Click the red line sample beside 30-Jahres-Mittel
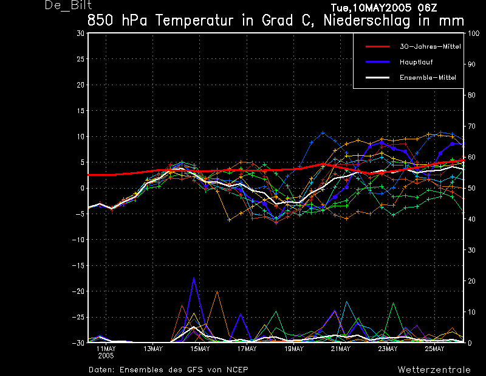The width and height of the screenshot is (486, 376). click(377, 47)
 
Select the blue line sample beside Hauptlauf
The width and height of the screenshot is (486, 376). click(377, 62)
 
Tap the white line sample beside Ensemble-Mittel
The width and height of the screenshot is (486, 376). click(377, 77)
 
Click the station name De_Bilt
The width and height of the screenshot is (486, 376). click(68, 5)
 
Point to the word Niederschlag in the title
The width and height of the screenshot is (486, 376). click(367, 21)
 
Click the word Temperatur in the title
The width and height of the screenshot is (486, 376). click(194, 21)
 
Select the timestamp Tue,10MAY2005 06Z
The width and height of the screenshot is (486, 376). click(384, 7)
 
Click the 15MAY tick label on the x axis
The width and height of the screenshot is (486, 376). click(200, 349)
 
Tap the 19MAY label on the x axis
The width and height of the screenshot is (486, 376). click(294, 349)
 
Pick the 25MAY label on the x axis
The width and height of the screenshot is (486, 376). click(434, 349)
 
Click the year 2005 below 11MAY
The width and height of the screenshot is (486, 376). click(106, 356)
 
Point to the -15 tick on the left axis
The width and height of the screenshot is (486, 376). click(78, 265)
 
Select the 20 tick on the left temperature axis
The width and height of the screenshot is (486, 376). click(81, 85)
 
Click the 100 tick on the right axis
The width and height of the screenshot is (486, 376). click(473, 33)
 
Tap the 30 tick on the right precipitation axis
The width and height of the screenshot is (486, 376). click(471, 250)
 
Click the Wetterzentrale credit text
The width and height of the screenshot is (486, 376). click(434, 370)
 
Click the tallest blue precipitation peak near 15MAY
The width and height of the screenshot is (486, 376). click(194, 278)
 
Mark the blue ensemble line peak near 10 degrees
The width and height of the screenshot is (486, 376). click(323, 133)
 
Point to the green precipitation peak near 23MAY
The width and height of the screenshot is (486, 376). click(393, 303)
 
